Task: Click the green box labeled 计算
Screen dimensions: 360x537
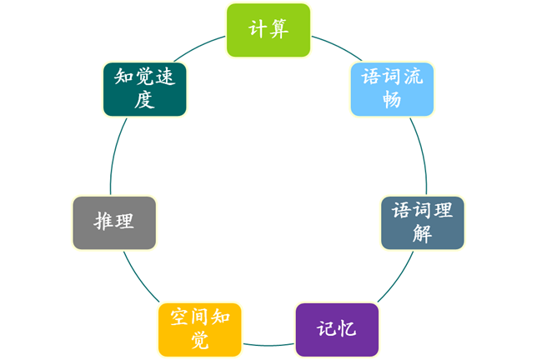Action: click(268, 30)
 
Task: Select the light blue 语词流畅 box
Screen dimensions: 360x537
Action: click(391, 88)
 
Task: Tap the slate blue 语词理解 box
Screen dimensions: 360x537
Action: click(422, 222)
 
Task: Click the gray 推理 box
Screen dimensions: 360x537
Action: click(114, 222)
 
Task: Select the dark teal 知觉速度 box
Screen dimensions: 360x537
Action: click(145, 88)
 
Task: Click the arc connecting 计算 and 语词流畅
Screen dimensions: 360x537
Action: click(334, 43)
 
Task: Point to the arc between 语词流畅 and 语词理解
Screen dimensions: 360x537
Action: click(421, 154)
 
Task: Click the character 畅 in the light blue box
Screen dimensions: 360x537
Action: click(391, 99)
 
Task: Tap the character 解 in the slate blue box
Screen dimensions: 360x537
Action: click(422, 234)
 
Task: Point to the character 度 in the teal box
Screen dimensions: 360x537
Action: click(145, 99)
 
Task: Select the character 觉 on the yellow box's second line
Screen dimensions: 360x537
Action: click(199, 340)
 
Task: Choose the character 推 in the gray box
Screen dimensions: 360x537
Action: click(103, 222)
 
